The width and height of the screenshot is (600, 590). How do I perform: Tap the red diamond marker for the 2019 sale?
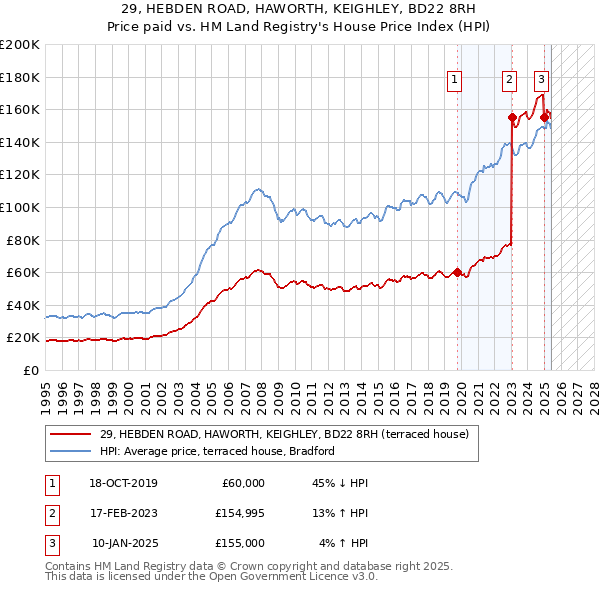click(x=458, y=272)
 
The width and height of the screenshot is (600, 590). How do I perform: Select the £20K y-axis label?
click(x=23, y=337)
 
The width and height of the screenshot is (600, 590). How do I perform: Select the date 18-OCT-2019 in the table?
click(x=123, y=483)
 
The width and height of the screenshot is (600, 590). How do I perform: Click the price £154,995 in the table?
click(x=238, y=513)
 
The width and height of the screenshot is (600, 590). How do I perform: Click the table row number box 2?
click(x=50, y=513)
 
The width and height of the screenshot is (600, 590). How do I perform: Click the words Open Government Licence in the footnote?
click(x=290, y=577)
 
